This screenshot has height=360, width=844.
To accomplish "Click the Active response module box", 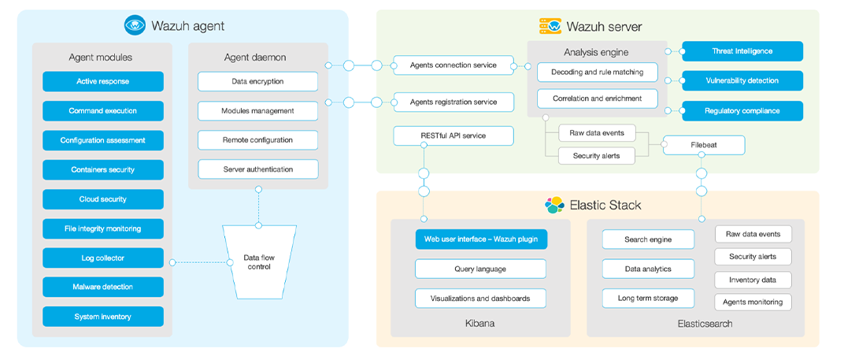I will (102, 81).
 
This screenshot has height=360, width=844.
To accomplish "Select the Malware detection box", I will (102, 287).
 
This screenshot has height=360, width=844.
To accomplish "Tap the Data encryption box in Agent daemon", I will (257, 81).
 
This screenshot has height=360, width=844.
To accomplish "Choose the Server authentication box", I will (257, 169).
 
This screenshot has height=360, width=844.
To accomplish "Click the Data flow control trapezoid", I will (259, 262).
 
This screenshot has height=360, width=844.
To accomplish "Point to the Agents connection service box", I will (453, 65).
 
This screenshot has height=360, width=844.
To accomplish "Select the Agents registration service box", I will (453, 102).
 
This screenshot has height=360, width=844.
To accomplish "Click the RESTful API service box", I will (453, 135).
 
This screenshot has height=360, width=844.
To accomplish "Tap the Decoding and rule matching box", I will (597, 72).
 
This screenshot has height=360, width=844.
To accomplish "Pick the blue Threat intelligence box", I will (742, 51).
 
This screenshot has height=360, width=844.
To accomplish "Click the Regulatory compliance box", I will (742, 111).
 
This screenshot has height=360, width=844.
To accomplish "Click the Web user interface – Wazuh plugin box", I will (480, 239).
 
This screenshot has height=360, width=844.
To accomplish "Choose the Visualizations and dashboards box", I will (480, 299).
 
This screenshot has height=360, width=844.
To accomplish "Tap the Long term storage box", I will (648, 299).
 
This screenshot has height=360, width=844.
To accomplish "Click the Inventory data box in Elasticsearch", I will (753, 280).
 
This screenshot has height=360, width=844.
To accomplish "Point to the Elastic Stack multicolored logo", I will (555, 205).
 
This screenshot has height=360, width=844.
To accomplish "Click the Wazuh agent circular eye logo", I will (135, 26).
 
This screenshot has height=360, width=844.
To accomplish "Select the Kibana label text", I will (480, 324).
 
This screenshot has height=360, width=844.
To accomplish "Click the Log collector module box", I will (102, 258).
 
